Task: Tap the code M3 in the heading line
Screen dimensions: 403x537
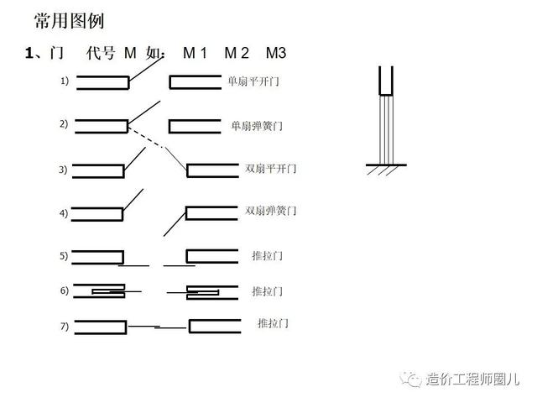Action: tap(276, 53)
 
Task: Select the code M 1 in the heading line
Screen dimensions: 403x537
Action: tap(195, 53)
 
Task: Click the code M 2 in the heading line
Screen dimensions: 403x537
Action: tap(236, 53)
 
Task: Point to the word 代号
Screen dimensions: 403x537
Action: tap(102, 53)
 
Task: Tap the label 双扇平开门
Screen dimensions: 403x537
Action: tap(270, 169)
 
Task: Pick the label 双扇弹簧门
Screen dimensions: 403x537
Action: tap(270, 210)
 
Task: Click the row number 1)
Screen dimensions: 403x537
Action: tap(64, 81)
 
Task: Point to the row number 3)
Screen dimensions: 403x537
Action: tap(63, 170)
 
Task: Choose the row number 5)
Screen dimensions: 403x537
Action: tap(63, 255)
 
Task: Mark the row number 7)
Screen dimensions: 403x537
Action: tap(63, 327)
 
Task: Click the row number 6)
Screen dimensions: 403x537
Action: tap(64, 290)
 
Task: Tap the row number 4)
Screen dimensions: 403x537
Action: tap(63, 213)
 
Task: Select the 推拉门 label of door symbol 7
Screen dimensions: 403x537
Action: tap(273, 323)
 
